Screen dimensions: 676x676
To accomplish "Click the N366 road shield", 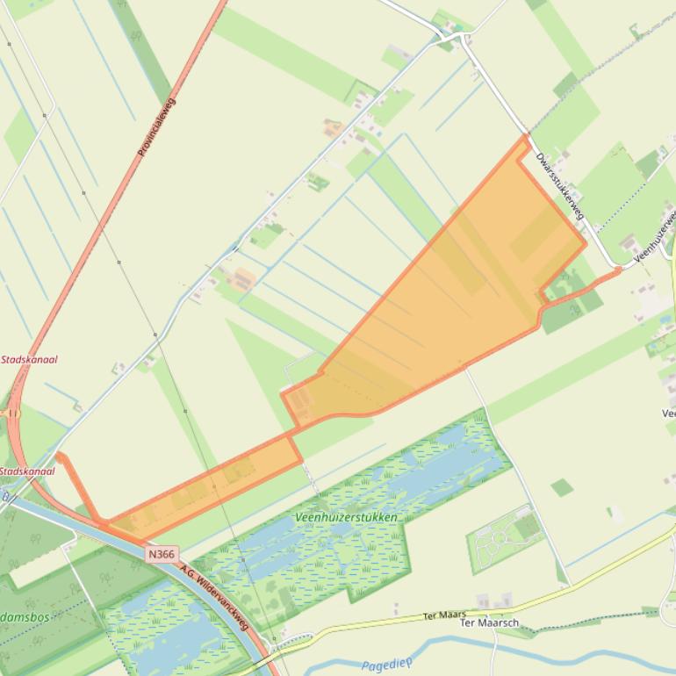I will (162, 554).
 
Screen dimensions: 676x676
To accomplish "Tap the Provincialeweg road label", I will (156, 127).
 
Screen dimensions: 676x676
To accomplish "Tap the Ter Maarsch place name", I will (490, 623).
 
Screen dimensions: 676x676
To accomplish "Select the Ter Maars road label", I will (443, 615).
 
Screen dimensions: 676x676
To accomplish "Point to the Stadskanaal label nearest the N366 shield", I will (28, 471).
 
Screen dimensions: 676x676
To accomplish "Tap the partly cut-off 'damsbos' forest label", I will (26, 616).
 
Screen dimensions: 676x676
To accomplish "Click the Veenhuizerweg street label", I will (655, 234).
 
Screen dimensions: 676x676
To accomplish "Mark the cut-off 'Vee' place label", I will (669, 413).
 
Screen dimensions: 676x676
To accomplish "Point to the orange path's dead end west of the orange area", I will (59, 455).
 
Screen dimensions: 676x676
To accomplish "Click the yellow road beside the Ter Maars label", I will (395, 622).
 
